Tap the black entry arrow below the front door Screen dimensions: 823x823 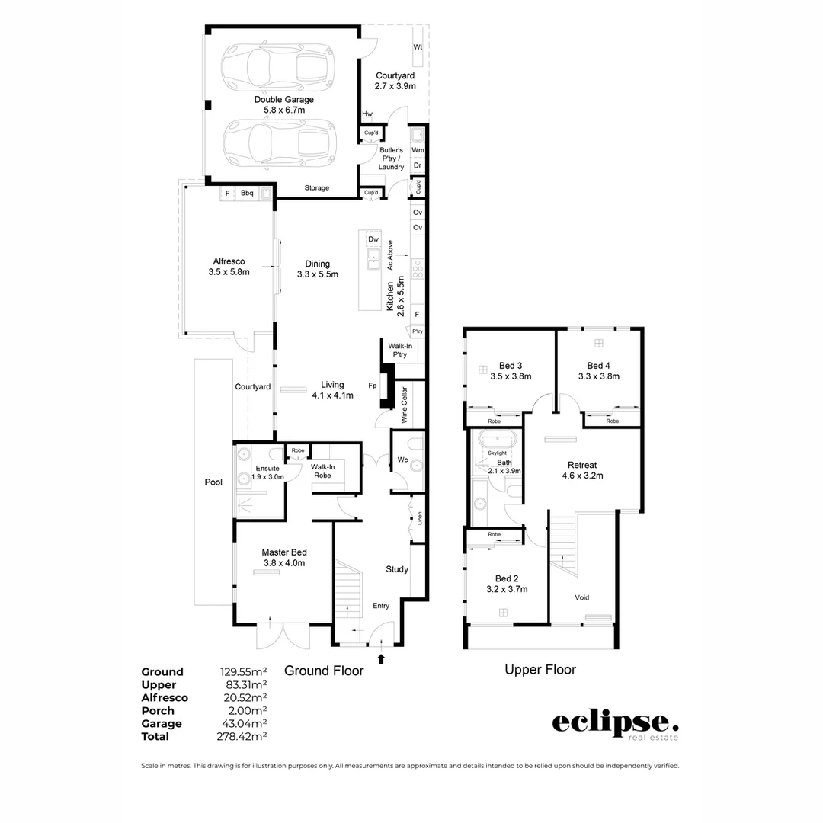pos(382,658)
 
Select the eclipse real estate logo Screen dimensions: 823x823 pos(614,724)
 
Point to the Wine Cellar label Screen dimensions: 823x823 pos(405,405)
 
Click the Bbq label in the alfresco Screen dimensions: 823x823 pos(247,194)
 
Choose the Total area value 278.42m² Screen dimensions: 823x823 pos(243,737)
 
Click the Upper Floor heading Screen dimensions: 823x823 pos(540,670)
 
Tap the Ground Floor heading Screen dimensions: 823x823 pos(324,671)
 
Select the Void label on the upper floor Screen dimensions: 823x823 pos(582,597)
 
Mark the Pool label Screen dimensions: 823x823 pos(213,482)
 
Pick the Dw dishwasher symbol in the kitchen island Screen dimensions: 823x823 pos(373,239)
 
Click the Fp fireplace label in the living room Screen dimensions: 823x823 pos(373,386)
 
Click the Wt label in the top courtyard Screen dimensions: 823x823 pos(418,47)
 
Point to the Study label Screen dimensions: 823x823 pos(397,569)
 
